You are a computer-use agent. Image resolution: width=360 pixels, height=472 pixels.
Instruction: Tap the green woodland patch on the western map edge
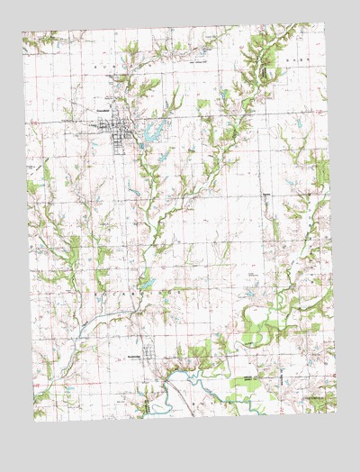34,186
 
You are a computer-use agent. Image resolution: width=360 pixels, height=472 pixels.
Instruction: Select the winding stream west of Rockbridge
90,320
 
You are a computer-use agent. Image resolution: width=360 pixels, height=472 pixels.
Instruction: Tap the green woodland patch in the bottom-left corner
40,396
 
